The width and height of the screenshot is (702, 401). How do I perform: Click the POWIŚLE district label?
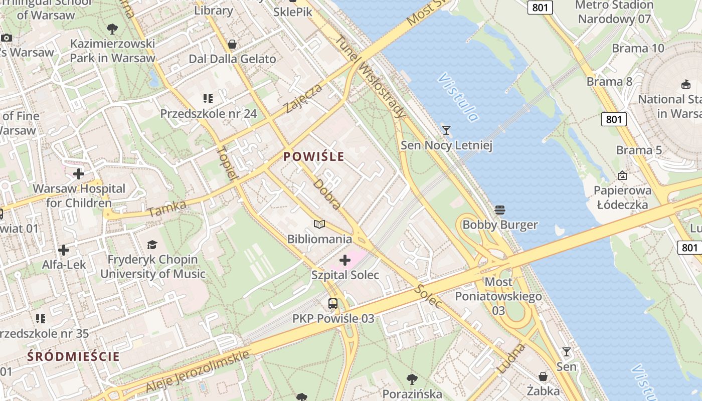click(x=314, y=156)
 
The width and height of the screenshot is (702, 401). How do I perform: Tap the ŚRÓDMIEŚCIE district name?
click(x=74, y=356)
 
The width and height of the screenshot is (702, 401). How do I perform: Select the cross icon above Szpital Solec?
click(x=345, y=260)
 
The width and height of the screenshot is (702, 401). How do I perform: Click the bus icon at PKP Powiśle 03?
click(x=333, y=304)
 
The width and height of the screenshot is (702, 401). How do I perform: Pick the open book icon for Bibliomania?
click(x=319, y=224)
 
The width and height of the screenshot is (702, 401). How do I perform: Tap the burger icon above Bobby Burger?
click(x=499, y=210)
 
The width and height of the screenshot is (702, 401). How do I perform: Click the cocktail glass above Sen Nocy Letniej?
click(x=446, y=130)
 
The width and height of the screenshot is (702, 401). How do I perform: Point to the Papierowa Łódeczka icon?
click(x=622, y=175)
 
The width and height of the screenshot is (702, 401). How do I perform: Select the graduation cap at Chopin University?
click(x=152, y=245)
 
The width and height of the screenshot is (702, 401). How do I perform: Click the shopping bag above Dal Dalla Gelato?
click(x=232, y=44)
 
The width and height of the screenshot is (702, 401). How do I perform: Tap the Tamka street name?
click(x=167, y=209)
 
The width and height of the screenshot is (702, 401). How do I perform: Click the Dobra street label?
click(x=327, y=194)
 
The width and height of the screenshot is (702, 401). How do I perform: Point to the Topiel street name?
click(x=227, y=163)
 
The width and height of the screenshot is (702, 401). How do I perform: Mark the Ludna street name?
click(x=511, y=358)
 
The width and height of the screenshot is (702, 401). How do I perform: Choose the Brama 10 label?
click(x=638, y=48)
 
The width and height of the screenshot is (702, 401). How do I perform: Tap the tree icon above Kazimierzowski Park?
click(x=112, y=29)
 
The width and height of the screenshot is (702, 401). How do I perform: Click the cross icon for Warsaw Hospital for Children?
click(x=79, y=174)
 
